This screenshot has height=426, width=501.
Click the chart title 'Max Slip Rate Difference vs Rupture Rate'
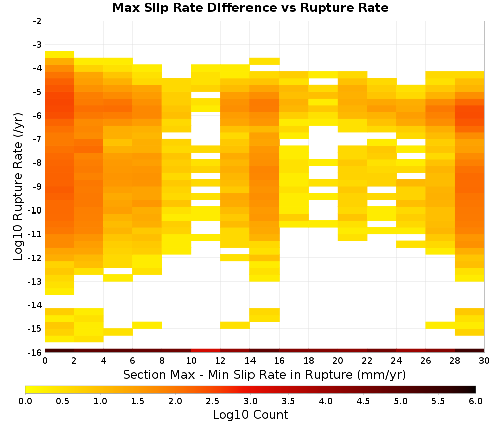click(x=250, y=8)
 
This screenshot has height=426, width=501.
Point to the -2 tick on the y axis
click(x=37, y=21)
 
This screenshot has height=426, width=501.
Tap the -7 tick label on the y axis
click(x=37, y=139)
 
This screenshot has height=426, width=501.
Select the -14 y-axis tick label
click(x=35, y=305)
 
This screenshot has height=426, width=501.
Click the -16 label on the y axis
click(x=35, y=352)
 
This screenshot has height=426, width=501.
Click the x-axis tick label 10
click(x=191, y=361)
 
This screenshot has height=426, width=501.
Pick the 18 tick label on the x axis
click(x=309, y=361)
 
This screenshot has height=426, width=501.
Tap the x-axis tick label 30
click(x=484, y=361)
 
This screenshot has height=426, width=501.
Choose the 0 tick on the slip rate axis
click(x=45, y=361)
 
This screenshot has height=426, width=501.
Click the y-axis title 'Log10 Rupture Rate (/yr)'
click(x=18, y=186)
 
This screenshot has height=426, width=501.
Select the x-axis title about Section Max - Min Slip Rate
click(x=265, y=374)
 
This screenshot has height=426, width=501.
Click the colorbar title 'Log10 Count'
click(x=250, y=415)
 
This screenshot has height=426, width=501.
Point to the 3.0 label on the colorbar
click(x=250, y=401)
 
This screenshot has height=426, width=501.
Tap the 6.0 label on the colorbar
click(x=476, y=401)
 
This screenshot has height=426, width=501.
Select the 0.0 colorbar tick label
click(x=25, y=401)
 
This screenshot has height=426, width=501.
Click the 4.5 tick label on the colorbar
click(x=363, y=401)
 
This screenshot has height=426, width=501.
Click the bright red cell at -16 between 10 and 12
click(x=206, y=351)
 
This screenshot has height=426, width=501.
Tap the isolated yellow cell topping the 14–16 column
click(x=265, y=61)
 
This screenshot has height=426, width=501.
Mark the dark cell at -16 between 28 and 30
click(x=470, y=351)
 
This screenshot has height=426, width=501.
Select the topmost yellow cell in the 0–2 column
click(x=60, y=54)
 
